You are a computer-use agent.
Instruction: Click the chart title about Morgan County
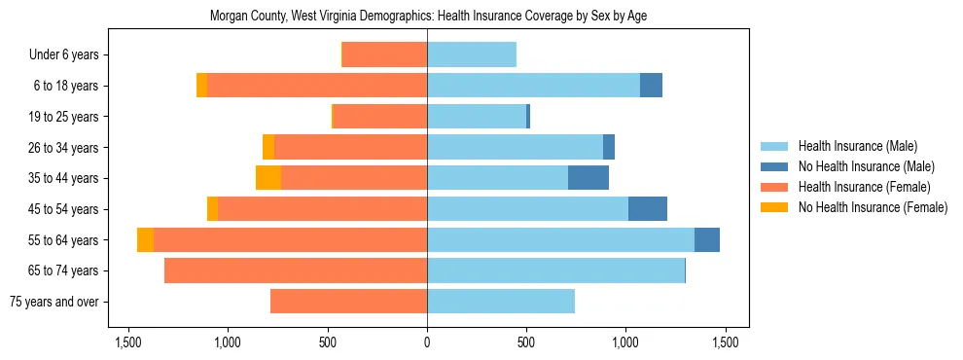click(x=428, y=17)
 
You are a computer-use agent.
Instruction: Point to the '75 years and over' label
click(x=53, y=302)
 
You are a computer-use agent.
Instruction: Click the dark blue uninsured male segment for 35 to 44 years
click(x=588, y=178)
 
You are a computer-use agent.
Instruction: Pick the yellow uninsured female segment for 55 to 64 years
click(x=145, y=240)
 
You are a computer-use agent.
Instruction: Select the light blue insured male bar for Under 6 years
click(x=472, y=55)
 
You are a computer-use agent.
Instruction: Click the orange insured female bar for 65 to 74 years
click(x=296, y=270)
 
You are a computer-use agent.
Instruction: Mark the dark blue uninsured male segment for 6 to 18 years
click(x=651, y=86)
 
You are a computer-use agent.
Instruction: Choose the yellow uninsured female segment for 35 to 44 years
click(x=268, y=178)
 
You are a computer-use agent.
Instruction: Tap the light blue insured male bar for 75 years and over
click(x=501, y=302)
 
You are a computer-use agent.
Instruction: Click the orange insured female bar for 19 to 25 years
click(x=380, y=117)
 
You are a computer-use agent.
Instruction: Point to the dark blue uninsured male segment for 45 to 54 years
click(x=648, y=209)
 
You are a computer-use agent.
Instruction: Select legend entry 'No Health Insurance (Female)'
click(x=873, y=207)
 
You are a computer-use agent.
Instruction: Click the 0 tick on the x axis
click(x=427, y=342)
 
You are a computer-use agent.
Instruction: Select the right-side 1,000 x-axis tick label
click(x=624, y=342)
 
